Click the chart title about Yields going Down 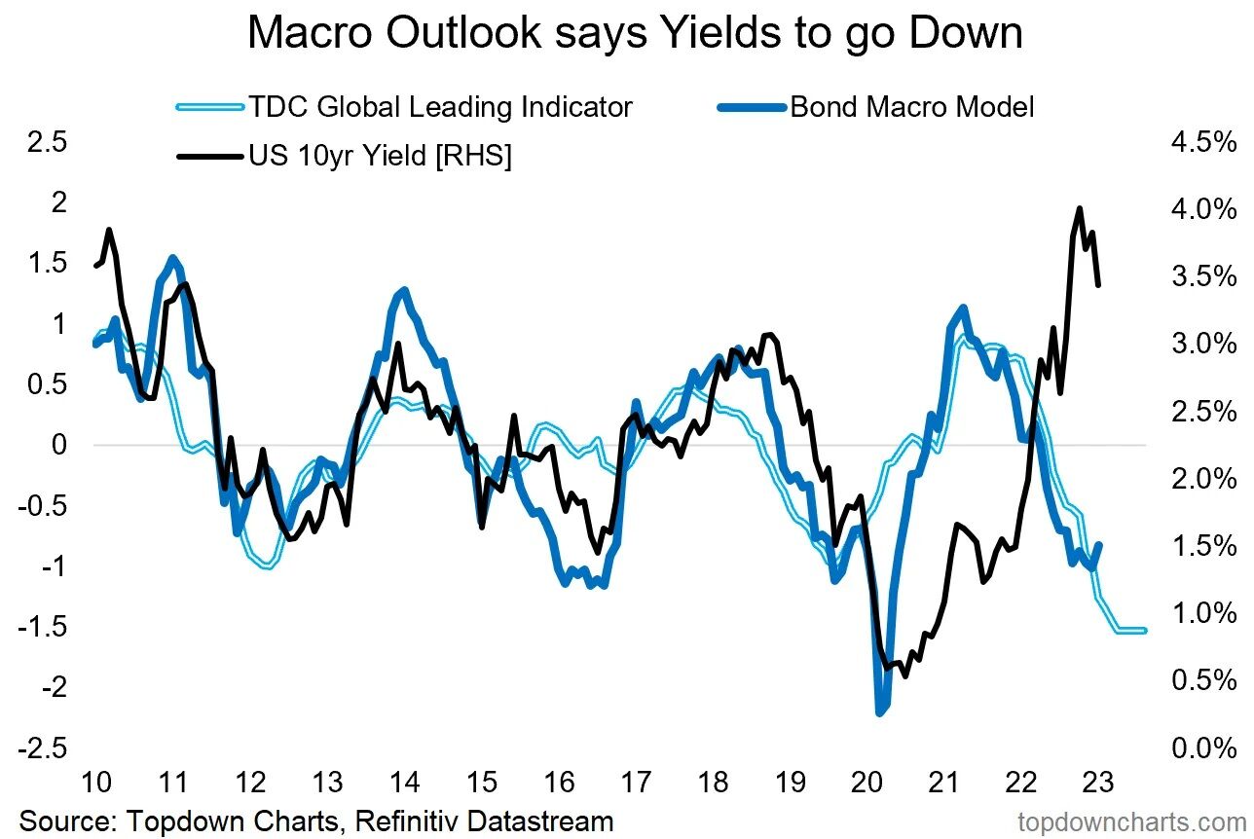(635, 33)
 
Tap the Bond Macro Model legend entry (911, 106)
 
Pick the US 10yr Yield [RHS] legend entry (379, 156)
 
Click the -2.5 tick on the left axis (40, 748)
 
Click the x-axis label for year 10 (95, 783)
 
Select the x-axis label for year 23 (1099, 783)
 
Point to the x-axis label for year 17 (636, 783)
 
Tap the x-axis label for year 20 (867, 783)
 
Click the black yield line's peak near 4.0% (1079, 208)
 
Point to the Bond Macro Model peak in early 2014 (403, 290)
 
